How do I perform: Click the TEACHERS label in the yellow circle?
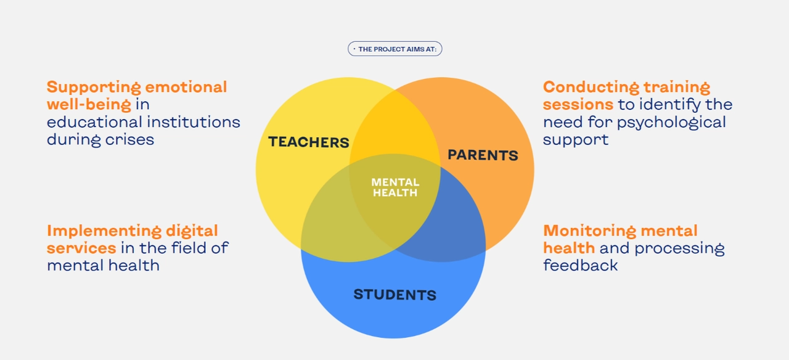tap(309, 142)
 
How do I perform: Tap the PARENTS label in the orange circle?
tap(483, 155)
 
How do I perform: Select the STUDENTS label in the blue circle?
tap(395, 295)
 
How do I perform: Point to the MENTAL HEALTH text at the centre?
tap(395, 187)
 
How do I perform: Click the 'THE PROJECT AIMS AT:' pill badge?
tap(395, 49)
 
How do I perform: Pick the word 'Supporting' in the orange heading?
tap(93, 88)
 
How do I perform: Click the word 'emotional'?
tap(186, 87)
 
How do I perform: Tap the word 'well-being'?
tap(89, 105)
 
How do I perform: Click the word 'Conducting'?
tap(591, 88)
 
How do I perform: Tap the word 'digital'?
tap(192, 231)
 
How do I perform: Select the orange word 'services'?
tap(81, 248)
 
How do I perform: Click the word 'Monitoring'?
tap(590, 231)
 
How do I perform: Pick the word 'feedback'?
tap(581, 265)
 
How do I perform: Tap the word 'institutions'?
tap(194, 122)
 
